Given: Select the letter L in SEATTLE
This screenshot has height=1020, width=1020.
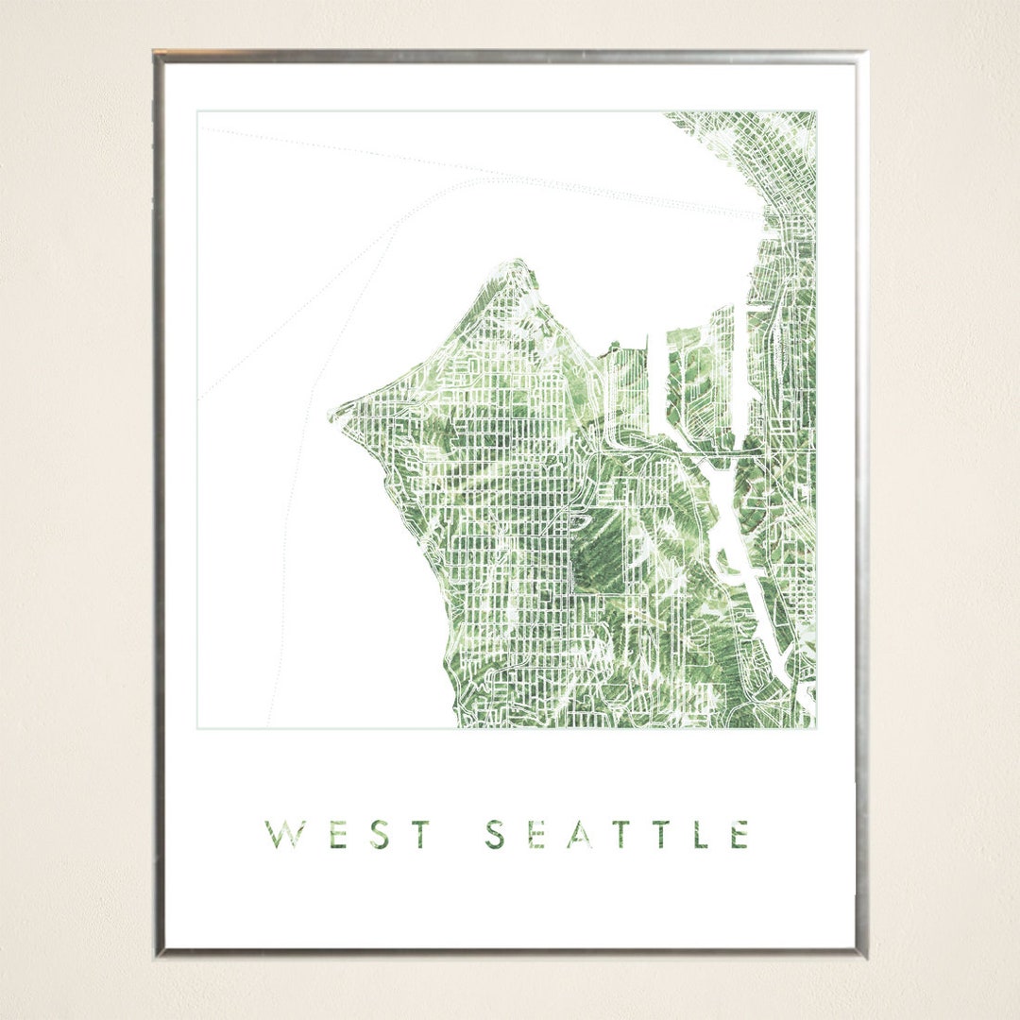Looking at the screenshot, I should (701, 835).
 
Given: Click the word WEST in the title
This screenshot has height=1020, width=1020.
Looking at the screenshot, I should (348, 835).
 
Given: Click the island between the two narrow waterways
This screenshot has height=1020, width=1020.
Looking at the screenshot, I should (694, 378).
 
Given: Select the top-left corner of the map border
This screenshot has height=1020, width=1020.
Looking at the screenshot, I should (197, 112).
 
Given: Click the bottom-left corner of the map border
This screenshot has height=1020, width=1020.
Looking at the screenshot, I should (197, 727).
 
